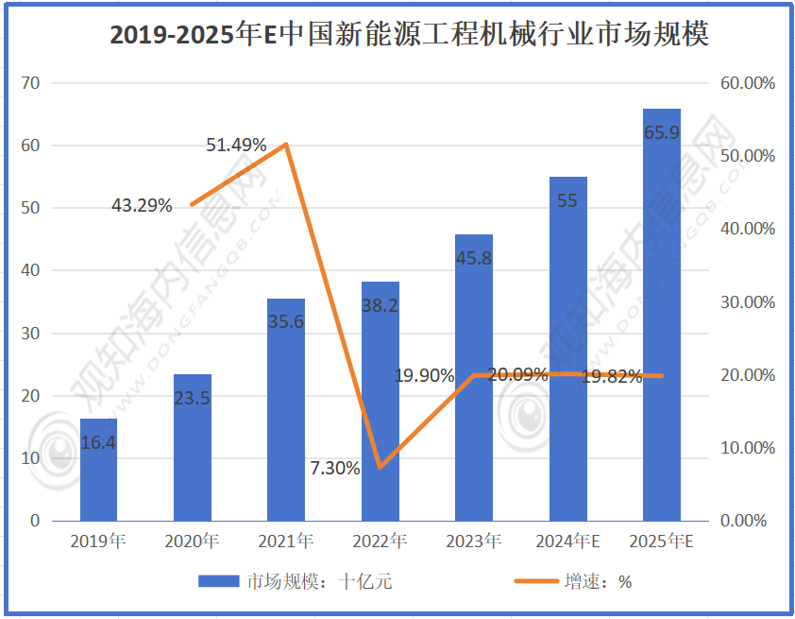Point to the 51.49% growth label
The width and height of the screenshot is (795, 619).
click(236, 145)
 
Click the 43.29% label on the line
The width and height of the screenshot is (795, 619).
click(142, 204)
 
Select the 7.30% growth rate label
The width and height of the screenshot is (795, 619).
click(334, 468)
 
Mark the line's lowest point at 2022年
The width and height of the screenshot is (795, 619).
click(380, 467)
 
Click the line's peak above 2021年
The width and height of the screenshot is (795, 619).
click(286, 145)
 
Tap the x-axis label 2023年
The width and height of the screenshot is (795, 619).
click(473, 542)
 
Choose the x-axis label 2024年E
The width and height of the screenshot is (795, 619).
click(567, 542)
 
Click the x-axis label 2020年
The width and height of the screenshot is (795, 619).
click(192, 542)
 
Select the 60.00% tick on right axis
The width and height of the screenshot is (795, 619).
click(747, 83)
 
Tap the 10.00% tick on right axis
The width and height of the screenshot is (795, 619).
click(747, 448)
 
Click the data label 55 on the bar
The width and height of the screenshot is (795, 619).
click(567, 200)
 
